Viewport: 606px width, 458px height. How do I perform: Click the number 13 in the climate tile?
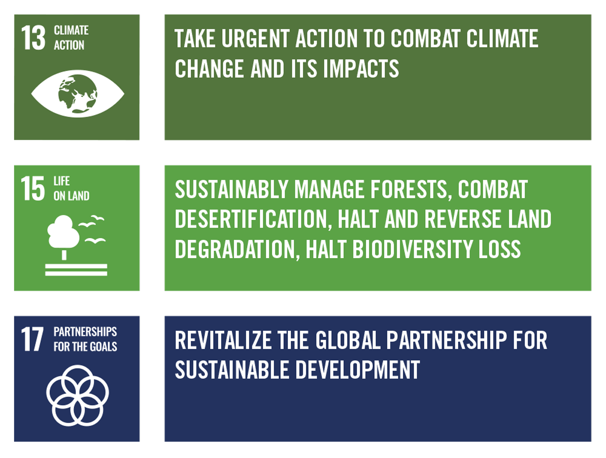click(33, 38)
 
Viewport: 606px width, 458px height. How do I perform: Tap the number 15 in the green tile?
click(33, 189)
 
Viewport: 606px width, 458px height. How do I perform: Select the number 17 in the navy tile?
click(32, 339)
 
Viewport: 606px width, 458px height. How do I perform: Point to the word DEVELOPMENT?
click(358, 370)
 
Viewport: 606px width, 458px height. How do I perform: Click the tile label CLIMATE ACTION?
click(71, 38)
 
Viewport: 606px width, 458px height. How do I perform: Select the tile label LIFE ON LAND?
click(71, 188)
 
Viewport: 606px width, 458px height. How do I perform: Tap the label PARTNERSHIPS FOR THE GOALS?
click(85, 339)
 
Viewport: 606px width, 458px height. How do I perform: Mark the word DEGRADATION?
click(232, 249)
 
